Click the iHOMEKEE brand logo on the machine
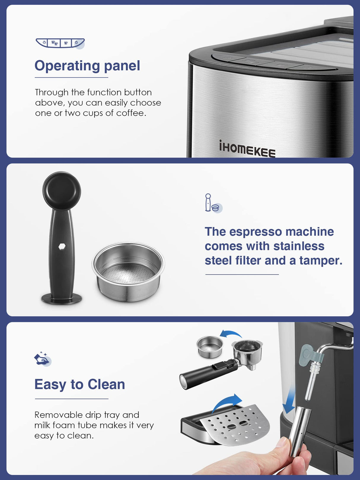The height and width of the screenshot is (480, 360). point(247,149)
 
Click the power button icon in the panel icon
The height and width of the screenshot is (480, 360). point(77,43)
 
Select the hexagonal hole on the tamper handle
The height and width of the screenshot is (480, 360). point(62,246)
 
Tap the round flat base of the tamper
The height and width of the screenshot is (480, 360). point(62,298)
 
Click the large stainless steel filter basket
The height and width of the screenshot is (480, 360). point(128,271)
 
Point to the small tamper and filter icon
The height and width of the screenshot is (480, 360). point(213,203)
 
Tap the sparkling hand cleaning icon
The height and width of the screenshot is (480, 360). point(42,359)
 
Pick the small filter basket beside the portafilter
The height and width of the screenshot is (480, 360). point(210,347)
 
